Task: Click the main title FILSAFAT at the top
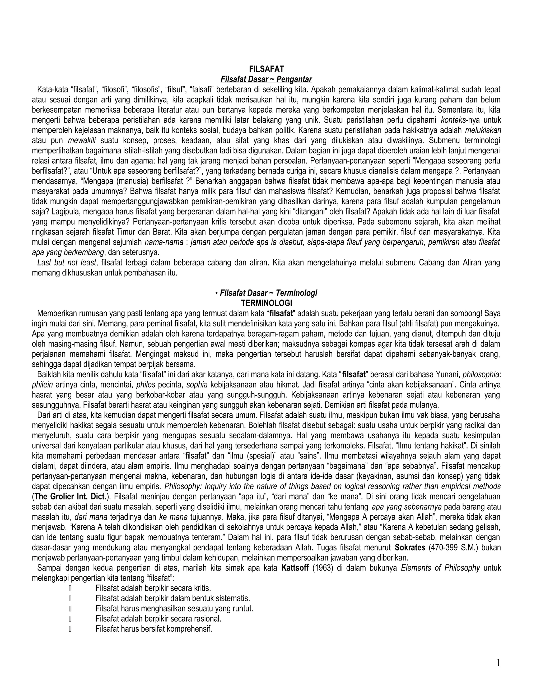tap(266, 69)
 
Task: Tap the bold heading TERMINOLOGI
tap(266, 303)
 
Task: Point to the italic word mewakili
tap(82, 140)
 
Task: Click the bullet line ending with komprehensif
tap(154, 629)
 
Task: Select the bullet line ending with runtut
tap(174, 608)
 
